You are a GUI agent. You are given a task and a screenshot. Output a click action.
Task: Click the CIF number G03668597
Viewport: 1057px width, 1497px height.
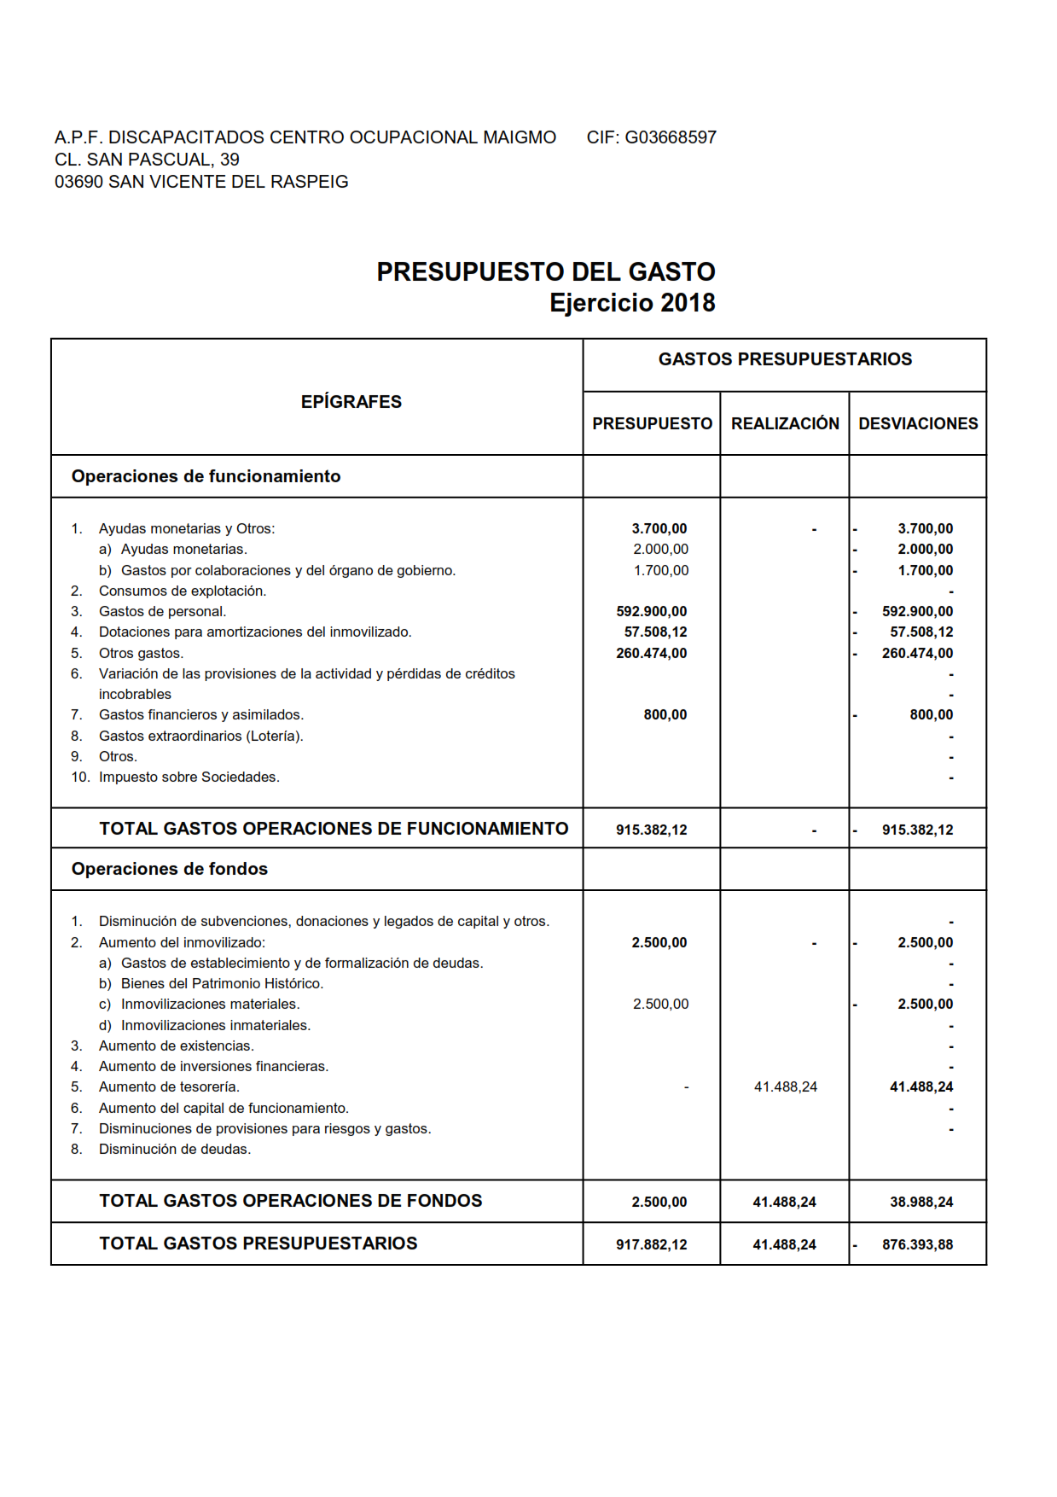[x=671, y=137]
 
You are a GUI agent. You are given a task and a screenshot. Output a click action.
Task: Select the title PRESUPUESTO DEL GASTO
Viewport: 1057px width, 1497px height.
[x=546, y=271]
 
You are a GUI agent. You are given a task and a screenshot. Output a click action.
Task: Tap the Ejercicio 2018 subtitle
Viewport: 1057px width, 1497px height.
[x=632, y=303]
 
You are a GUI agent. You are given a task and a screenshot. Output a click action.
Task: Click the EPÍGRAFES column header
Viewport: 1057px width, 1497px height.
[x=351, y=402]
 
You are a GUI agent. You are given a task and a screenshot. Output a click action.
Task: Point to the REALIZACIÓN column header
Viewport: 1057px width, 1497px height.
[x=785, y=424]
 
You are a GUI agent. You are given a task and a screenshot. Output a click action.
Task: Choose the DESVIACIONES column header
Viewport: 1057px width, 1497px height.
[x=918, y=424]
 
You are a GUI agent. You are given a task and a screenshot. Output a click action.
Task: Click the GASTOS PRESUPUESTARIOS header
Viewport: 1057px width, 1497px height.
[x=785, y=359]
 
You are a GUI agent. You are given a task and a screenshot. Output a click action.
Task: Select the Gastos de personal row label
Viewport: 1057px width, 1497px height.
[x=162, y=612]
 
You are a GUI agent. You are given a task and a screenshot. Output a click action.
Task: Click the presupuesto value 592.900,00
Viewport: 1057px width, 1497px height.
[x=652, y=612]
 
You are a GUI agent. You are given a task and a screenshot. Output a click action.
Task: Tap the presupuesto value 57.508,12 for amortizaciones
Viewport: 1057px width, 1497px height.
[x=655, y=632]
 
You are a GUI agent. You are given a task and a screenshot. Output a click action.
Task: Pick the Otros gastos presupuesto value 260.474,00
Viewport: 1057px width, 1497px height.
[x=652, y=654]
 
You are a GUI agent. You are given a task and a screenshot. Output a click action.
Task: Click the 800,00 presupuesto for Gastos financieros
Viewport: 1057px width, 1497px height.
[x=665, y=715]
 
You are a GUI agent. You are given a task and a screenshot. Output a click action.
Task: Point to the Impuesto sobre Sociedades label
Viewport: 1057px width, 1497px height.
[x=189, y=778]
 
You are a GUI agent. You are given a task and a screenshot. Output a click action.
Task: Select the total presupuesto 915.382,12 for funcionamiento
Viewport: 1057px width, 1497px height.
[x=652, y=830]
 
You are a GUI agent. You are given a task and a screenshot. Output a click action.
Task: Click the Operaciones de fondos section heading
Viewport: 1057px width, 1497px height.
[x=170, y=869]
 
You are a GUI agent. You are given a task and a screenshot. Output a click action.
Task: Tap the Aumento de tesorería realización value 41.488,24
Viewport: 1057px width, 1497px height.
[x=786, y=1087]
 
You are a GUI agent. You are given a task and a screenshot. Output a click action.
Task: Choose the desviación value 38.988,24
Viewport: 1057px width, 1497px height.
[x=921, y=1203]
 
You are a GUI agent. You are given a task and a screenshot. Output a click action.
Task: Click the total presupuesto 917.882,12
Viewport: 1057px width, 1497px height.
[x=652, y=1245]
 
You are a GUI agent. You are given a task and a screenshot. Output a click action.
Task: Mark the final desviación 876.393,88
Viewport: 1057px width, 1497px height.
[x=918, y=1245]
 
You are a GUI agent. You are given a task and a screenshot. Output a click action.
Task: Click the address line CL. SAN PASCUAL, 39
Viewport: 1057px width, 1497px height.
[x=147, y=160]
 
